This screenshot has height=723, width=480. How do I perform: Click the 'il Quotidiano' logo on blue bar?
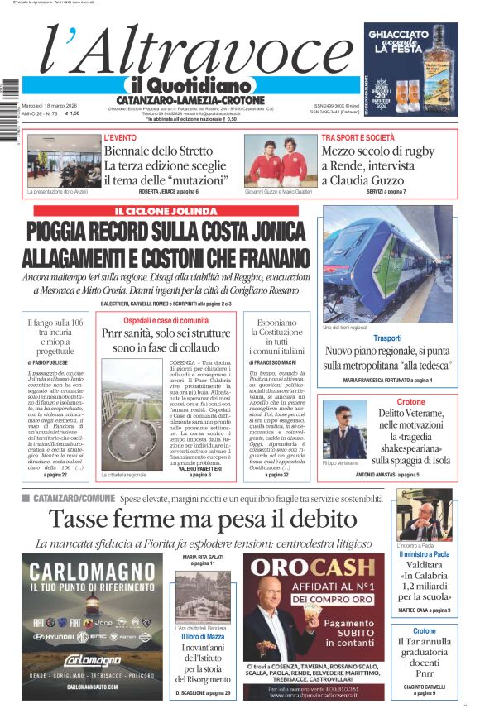click(191, 85)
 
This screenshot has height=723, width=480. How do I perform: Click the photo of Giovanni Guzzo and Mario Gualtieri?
click(281, 160)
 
